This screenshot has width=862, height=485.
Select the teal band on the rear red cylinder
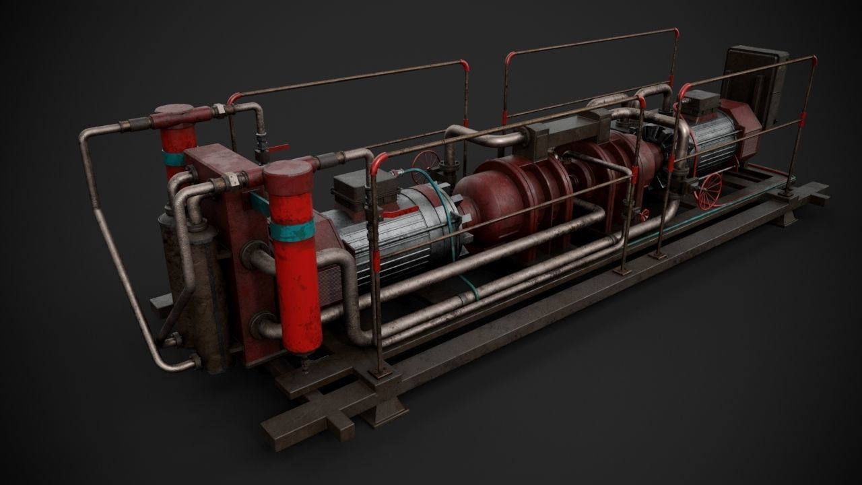coord(173,159)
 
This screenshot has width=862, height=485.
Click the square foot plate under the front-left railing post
coord(381,372)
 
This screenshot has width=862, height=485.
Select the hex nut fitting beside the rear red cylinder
coord(219,112)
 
